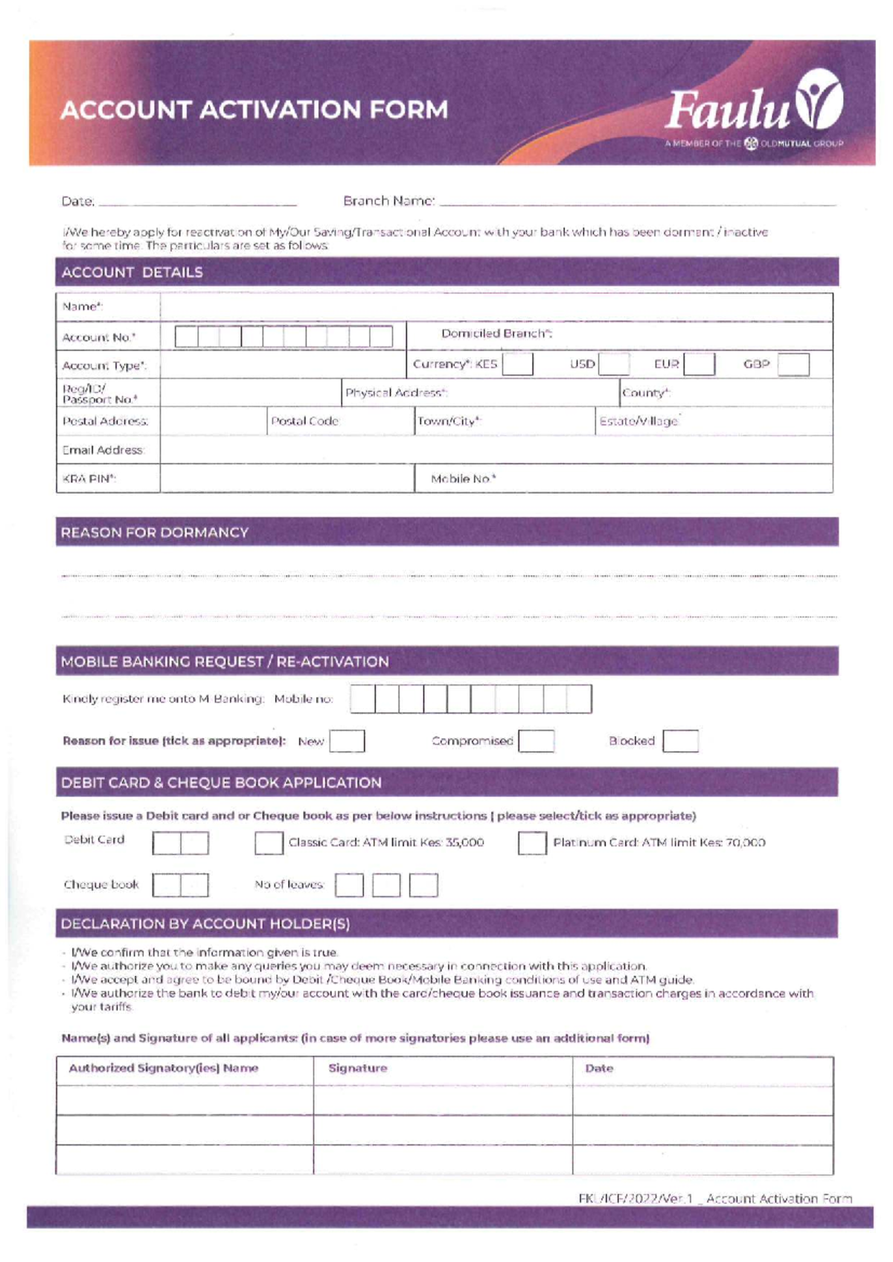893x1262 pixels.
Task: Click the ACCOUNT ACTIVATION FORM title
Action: pos(255,110)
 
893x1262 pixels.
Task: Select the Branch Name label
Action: pos(388,201)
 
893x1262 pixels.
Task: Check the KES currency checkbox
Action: pos(517,365)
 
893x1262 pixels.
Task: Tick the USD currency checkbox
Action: pos(614,365)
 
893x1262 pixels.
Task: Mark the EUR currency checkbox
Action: pos(699,365)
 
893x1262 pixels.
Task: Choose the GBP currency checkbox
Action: pos(793,365)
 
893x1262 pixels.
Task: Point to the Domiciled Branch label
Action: pos(496,334)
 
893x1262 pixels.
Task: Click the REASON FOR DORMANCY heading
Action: pos(155,533)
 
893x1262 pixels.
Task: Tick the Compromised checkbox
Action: pos(537,741)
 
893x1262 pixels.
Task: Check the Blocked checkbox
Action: pos(680,741)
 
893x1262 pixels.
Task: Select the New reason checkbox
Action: pos(347,741)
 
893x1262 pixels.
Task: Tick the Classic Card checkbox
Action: pos(269,843)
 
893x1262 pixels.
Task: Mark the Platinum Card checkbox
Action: pos(532,843)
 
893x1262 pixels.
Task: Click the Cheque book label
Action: pos(101,885)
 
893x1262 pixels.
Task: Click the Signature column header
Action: pos(358,1069)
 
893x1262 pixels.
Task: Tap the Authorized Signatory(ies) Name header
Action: pos(164,1069)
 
